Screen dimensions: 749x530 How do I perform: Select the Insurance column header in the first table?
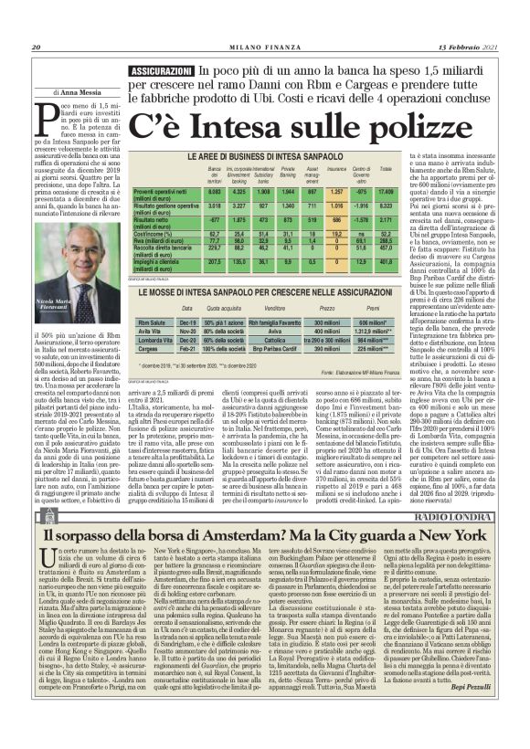337,170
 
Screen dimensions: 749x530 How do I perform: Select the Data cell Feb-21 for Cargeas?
189,347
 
